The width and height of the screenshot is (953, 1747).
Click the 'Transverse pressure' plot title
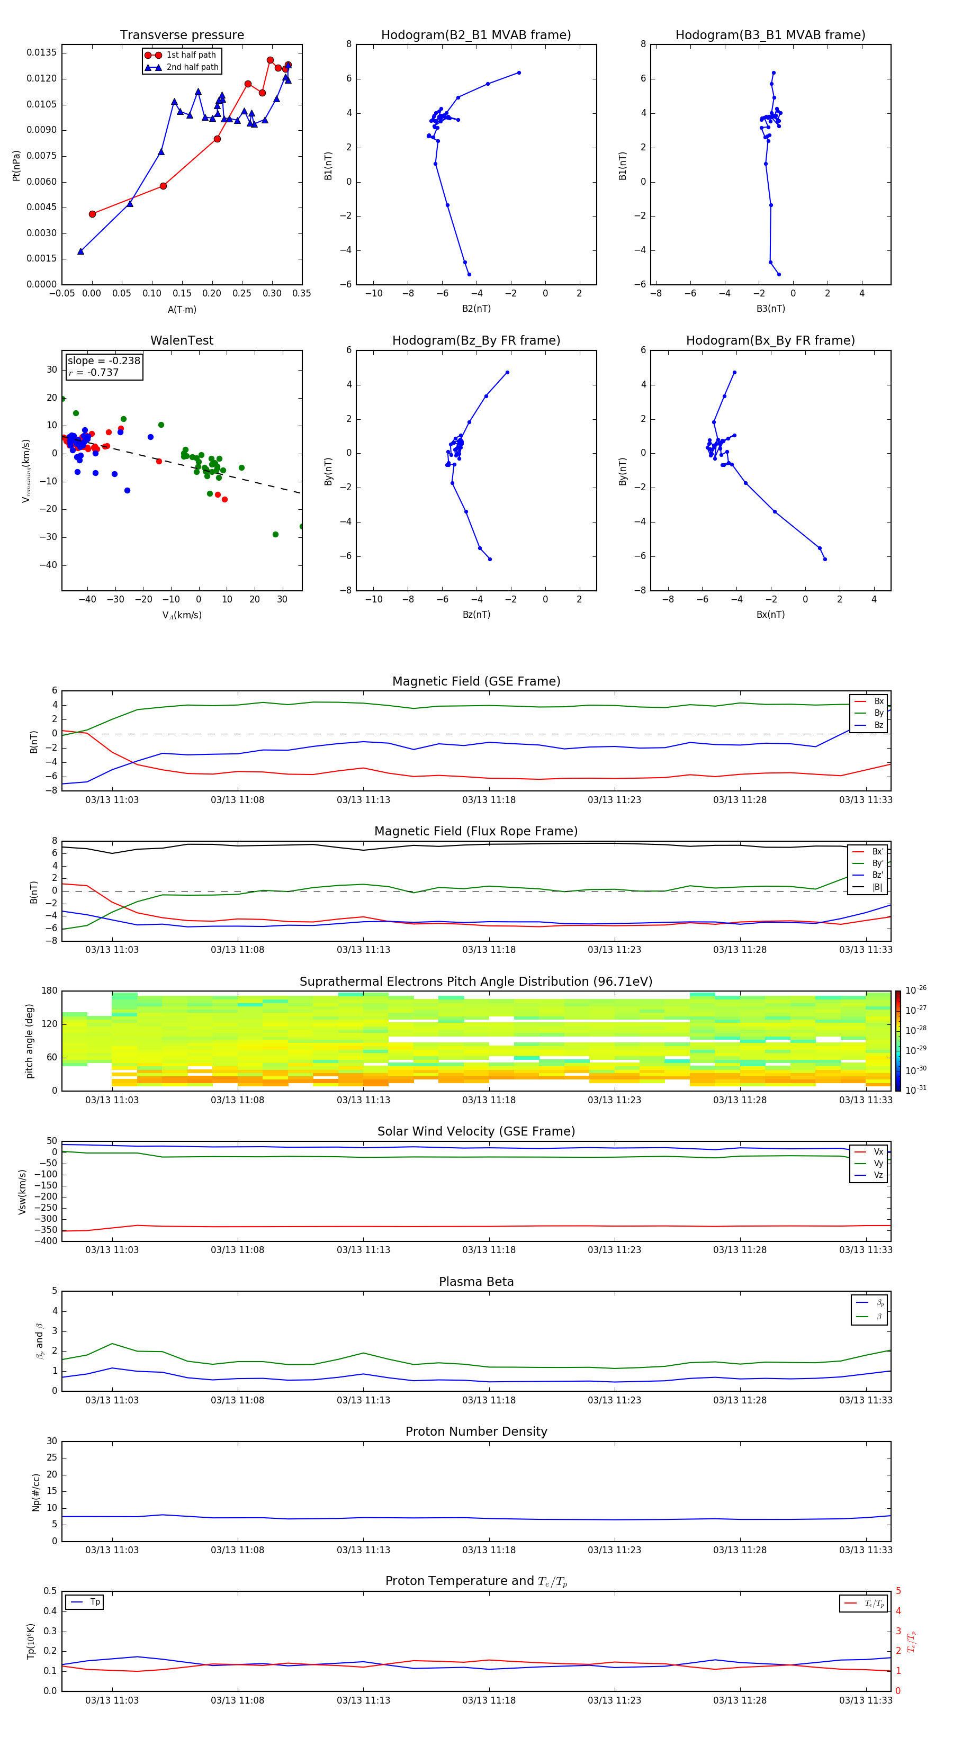tap(182, 35)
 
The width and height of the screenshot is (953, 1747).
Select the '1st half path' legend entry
tap(191, 55)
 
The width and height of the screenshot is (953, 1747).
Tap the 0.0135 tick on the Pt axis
tap(41, 53)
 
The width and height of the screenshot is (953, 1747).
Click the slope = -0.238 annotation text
tap(104, 361)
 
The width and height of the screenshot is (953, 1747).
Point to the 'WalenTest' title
tap(182, 340)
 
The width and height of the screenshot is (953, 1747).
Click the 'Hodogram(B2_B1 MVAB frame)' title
tap(475, 35)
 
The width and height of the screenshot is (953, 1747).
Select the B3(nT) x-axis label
tap(770, 309)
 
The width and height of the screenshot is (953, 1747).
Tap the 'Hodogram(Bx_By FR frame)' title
tap(770, 340)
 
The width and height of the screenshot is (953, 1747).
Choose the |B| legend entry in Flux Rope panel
tap(876, 886)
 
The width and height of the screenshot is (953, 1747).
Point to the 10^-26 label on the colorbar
tap(916, 990)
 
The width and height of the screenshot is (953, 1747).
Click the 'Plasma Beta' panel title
tap(475, 1282)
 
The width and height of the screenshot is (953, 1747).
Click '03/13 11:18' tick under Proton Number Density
tap(488, 1550)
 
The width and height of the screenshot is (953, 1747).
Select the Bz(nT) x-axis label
tap(476, 615)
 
